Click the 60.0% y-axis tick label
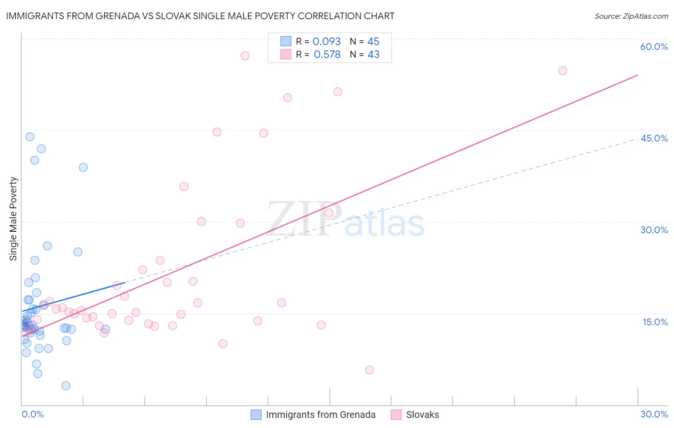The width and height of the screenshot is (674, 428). [654, 47]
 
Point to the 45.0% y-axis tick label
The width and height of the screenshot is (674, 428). [654, 139]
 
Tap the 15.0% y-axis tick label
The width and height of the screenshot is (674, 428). [655, 322]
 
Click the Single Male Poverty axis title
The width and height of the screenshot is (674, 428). [13, 219]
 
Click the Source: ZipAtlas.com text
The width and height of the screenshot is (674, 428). [631, 16]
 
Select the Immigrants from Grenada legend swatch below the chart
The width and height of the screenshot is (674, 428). [256, 415]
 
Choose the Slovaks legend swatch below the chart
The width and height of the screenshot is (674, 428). [396, 415]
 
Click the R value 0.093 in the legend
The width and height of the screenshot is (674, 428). [326, 42]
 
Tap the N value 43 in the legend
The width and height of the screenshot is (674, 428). [373, 55]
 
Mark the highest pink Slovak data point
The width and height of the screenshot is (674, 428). [245, 56]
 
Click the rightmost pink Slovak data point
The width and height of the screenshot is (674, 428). [562, 71]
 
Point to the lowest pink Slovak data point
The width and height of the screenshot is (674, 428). [370, 370]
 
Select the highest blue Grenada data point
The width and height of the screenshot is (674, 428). [30, 137]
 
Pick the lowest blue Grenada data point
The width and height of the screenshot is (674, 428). [66, 386]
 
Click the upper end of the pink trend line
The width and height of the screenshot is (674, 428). [638, 75]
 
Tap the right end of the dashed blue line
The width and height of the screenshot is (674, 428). [638, 140]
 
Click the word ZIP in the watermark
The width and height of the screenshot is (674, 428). [304, 220]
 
